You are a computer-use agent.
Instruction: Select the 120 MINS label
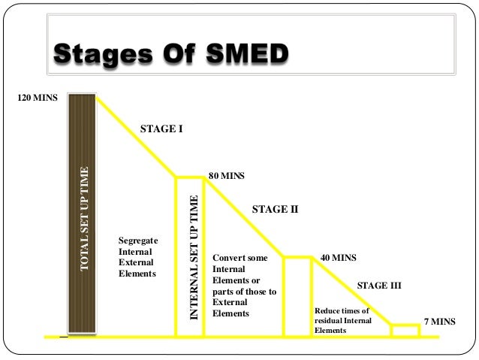37,98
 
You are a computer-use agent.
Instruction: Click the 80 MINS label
227,176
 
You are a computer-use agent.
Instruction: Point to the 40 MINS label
338,257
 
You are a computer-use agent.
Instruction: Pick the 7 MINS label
439,321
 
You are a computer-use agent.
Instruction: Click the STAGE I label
161,129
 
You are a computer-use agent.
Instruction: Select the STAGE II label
275,210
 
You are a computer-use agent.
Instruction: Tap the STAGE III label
378,286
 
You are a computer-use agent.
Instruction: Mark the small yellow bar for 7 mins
405,330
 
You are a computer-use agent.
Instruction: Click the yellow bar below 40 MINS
297,295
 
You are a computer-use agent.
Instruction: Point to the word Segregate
140,241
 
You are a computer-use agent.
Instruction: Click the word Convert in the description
230,257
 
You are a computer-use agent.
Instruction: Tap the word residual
331,320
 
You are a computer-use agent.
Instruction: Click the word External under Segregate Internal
136,263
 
